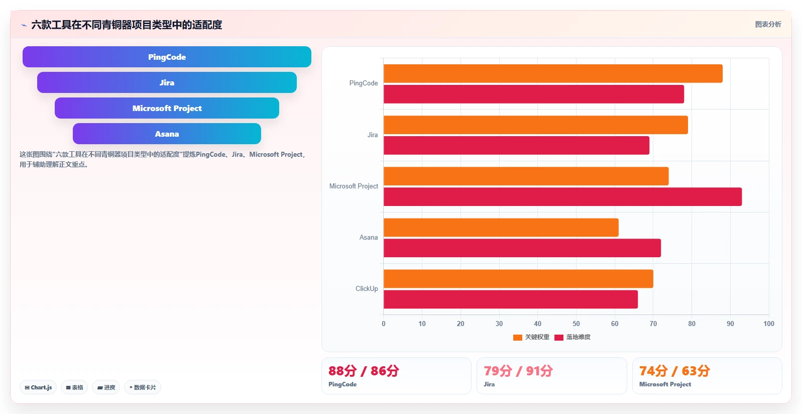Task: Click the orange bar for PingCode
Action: point(553,73)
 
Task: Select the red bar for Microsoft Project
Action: point(562,196)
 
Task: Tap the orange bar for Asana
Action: point(501,228)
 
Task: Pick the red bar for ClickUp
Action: point(511,299)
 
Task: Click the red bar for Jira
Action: point(516,145)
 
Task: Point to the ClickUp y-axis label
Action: point(367,289)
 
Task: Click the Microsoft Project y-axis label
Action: point(354,186)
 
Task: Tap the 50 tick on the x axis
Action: point(576,324)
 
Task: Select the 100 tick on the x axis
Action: point(769,324)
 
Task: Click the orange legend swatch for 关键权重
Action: point(517,337)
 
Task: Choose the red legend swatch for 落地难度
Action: point(559,337)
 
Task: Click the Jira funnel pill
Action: point(167,82)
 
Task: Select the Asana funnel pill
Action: point(167,134)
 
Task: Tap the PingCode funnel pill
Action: point(167,57)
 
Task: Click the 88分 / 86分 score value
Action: point(364,371)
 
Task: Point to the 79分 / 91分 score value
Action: point(518,371)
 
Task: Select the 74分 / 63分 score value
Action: point(674,371)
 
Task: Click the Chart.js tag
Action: point(38,387)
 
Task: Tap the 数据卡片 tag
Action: point(143,387)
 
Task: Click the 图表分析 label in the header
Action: point(768,24)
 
